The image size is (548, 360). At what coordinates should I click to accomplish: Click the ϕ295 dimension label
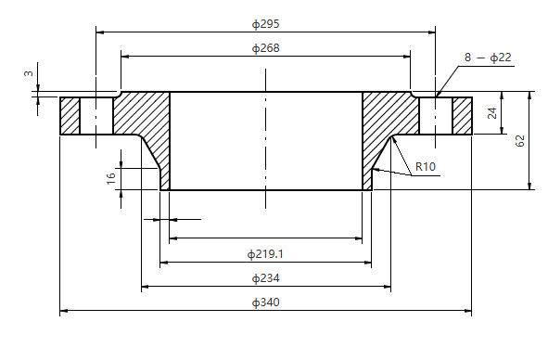pos(265,22)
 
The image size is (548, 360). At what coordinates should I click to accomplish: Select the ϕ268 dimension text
pos(265,47)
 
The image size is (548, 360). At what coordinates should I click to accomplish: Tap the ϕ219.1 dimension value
pos(265,253)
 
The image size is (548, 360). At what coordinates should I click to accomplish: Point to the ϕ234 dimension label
pos(265,278)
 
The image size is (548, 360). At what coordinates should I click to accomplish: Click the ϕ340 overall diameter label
pos(265,302)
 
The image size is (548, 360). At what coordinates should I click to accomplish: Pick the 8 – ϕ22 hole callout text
pos(488,58)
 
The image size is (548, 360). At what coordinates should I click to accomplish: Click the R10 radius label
pos(426,167)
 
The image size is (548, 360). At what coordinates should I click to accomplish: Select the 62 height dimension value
pos(520,140)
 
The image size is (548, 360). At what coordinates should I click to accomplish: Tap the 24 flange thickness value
pos(492,113)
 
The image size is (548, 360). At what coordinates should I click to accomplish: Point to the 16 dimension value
pos(111,178)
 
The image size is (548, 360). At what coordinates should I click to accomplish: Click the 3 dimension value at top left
pos(28,73)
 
